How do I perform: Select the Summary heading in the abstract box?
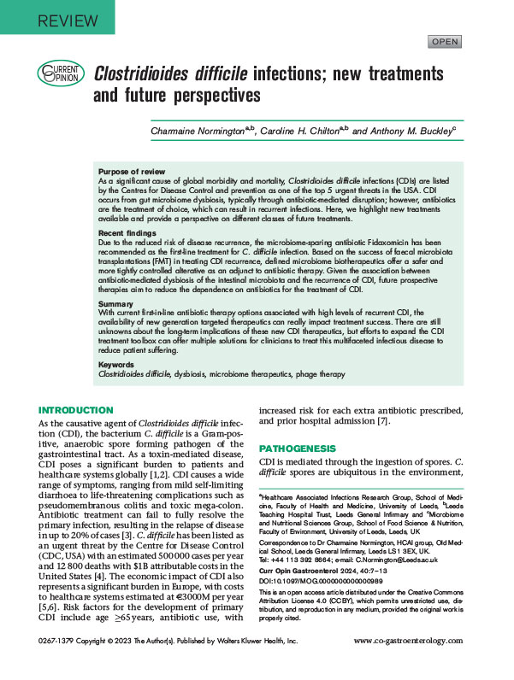[118, 303]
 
